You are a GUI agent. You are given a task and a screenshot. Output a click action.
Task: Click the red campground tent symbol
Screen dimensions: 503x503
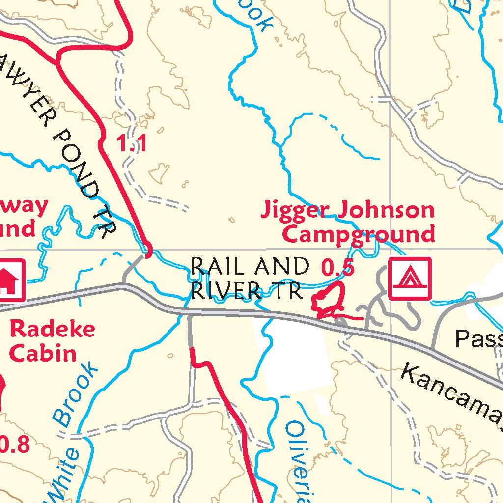coord(410,279)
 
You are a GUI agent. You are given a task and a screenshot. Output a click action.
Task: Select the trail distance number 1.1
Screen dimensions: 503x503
coord(131,144)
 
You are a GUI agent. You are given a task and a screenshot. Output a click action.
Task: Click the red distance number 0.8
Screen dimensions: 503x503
coord(15,445)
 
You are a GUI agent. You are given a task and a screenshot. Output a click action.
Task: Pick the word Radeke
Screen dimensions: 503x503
coord(52,329)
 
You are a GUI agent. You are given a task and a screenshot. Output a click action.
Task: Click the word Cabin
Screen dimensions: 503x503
coord(43,353)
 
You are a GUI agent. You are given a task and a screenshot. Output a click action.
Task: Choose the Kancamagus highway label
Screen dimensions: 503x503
coord(449,393)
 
